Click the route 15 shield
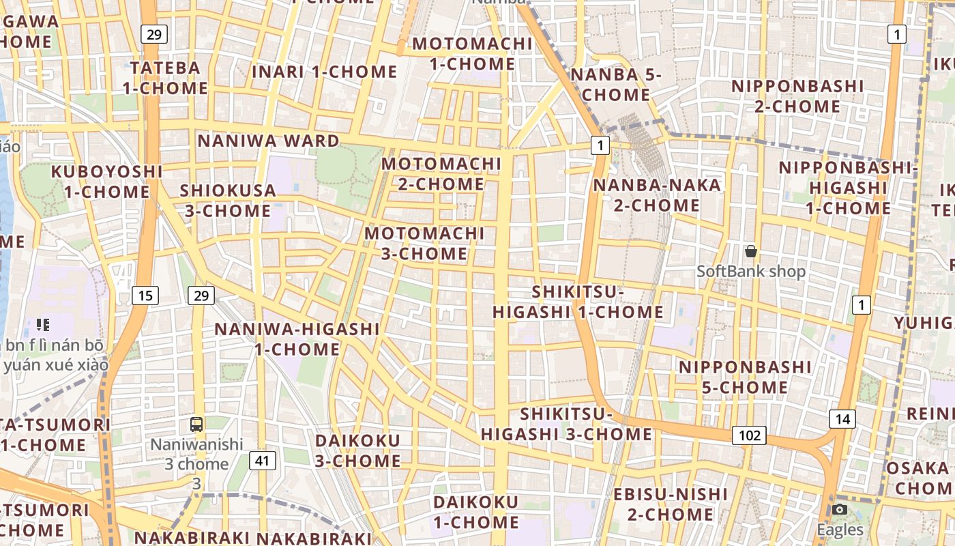pos(145,296)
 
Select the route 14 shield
pos(842,418)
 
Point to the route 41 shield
pos(262,461)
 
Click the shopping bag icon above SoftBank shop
pos(751,252)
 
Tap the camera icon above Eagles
pos(840,510)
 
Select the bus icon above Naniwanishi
pos(196,425)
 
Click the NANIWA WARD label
pos(268,141)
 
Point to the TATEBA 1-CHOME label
pos(166,78)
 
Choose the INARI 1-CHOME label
pos(324,72)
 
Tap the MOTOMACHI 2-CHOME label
pos(441,174)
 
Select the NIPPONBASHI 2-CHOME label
pos(797,96)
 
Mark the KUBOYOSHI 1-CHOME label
pos(107,182)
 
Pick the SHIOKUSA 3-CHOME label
pos(228,201)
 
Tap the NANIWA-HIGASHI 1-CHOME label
pos(297,339)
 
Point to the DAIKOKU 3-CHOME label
pos(357,450)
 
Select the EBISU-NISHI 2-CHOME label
pos(671,504)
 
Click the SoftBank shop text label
pos(751,272)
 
